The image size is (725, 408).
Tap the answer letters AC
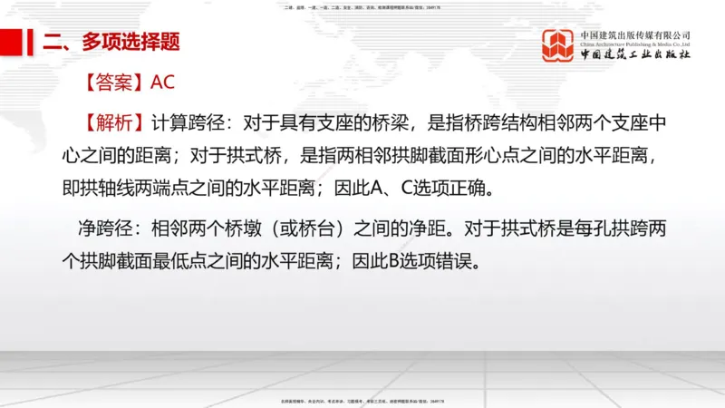(163, 83)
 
